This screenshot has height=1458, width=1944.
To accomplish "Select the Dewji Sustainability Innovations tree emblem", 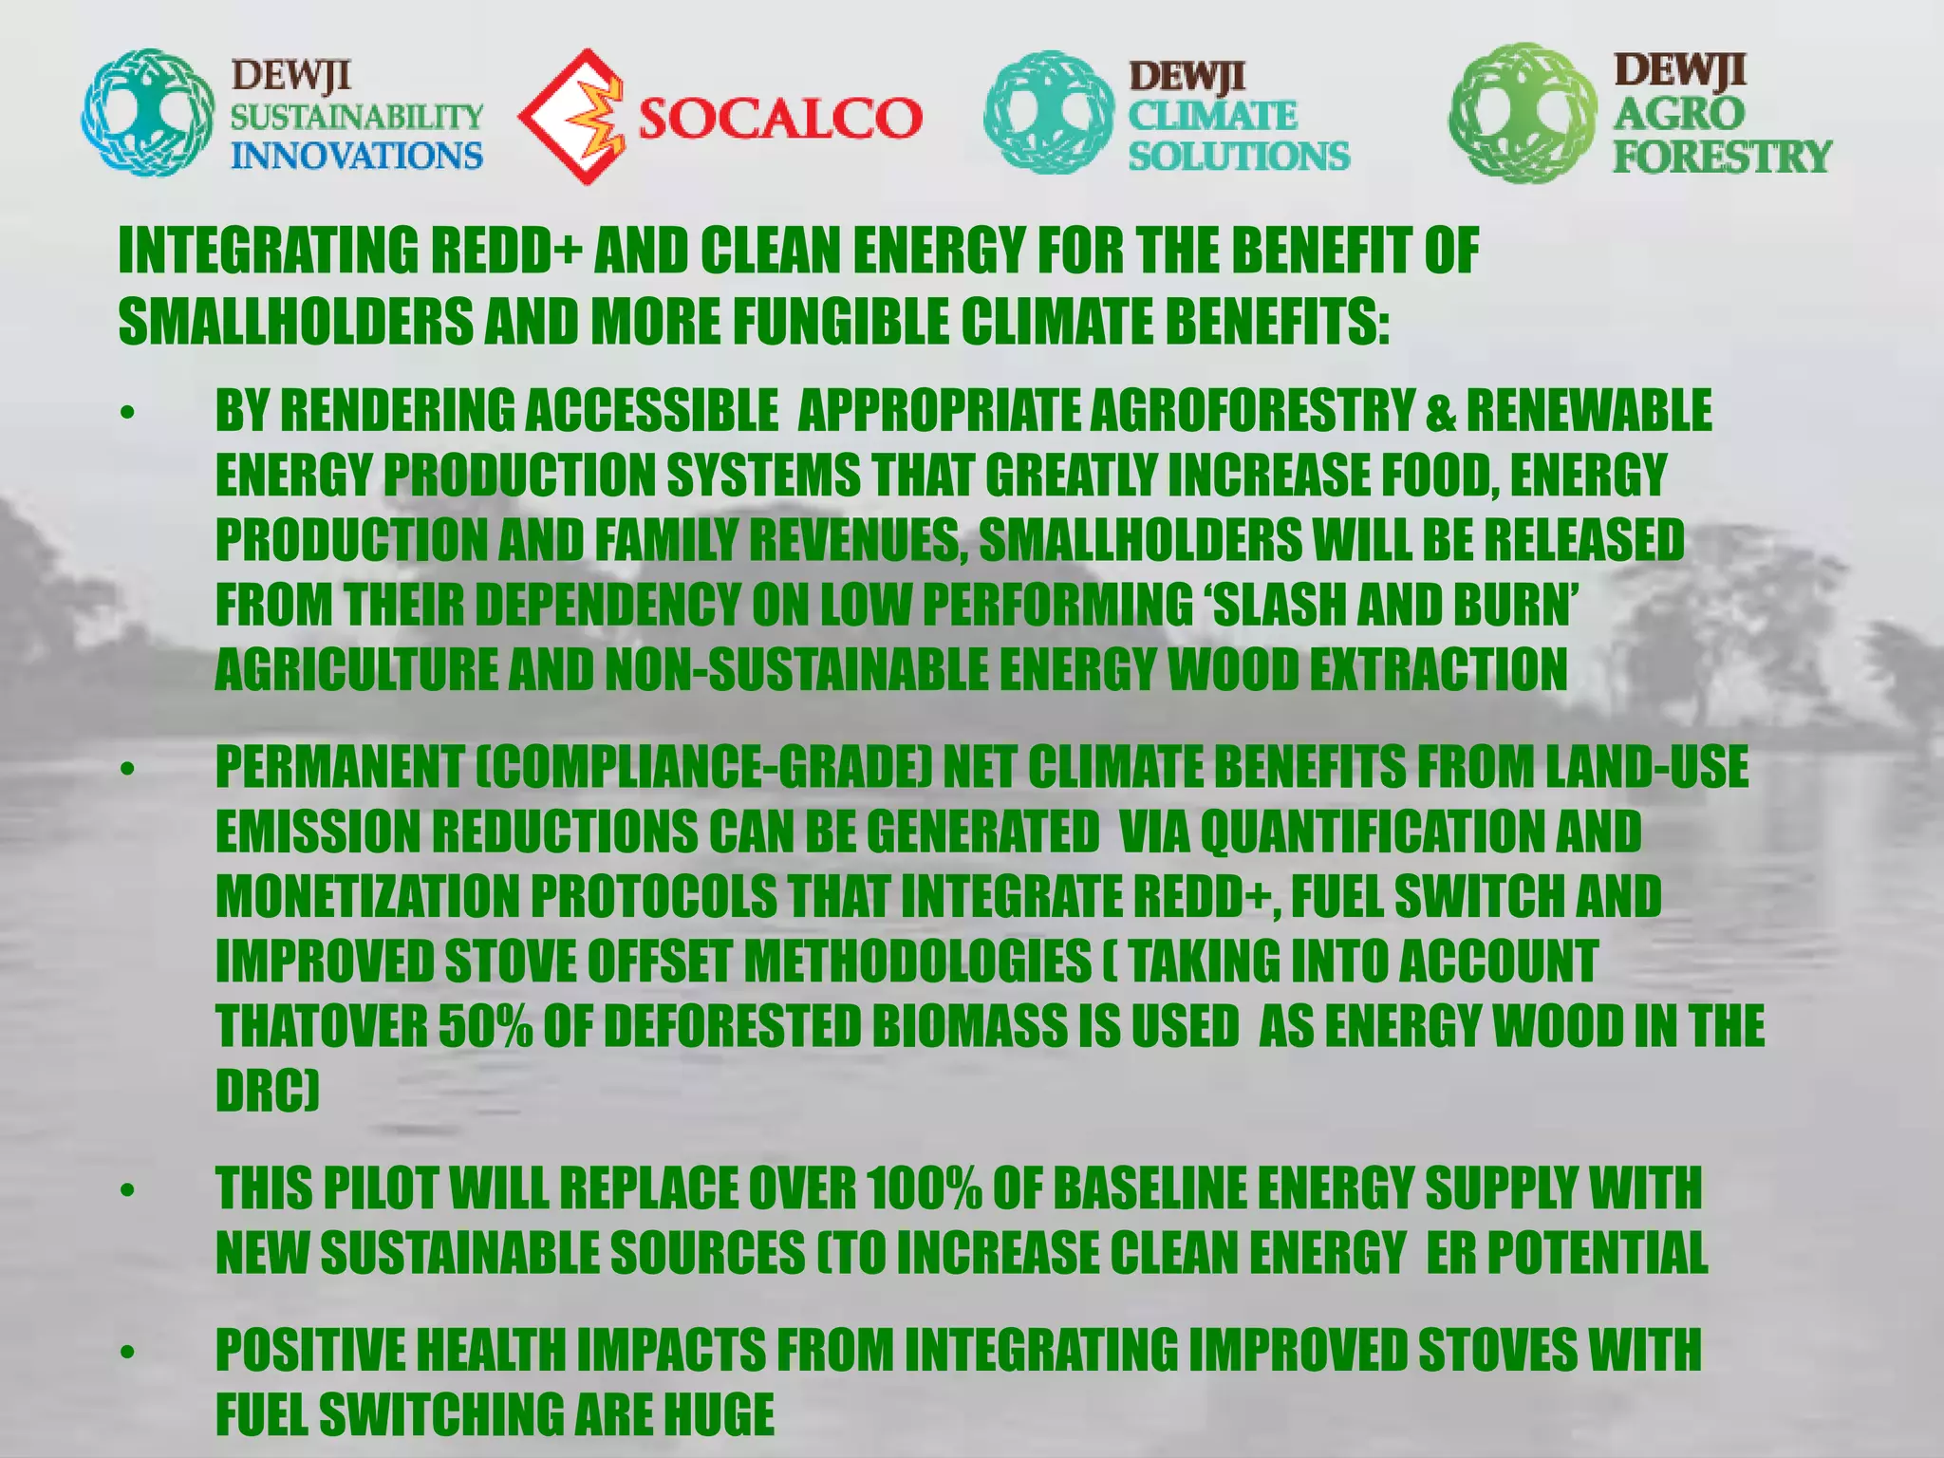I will (147, 115).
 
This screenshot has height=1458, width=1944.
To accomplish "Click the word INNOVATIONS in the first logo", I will (357, 155).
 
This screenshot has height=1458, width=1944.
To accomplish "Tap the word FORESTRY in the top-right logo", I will (1722, 156).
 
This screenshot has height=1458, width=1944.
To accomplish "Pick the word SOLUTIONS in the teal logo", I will (1239, 155).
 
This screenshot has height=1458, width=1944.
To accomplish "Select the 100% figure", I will (924, 1187).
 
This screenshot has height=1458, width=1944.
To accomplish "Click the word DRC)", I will (267, 1091).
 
